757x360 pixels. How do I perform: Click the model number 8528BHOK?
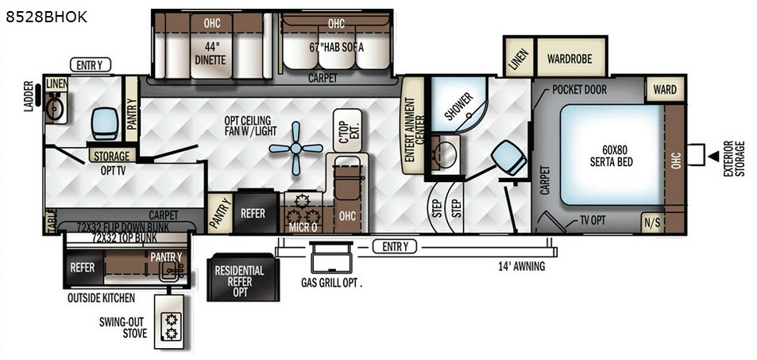coord(46,17)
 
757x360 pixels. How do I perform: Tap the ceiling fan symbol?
coord(296,149)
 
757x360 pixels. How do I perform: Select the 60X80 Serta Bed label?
coord(611,156)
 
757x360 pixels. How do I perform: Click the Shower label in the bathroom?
coord(458,106)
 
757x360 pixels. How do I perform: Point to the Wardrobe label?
coord(570,59)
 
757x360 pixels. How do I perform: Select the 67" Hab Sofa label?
coord(336,48)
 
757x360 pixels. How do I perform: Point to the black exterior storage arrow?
coord(713,156)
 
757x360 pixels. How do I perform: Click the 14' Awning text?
coord(521,265)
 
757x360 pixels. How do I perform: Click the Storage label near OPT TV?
coord(112,156)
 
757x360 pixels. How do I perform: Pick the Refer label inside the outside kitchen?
coord(83,267)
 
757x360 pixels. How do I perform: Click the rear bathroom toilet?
coord(105,124)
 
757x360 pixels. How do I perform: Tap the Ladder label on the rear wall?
coord(28,96)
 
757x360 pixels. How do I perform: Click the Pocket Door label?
coord(579,90)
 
